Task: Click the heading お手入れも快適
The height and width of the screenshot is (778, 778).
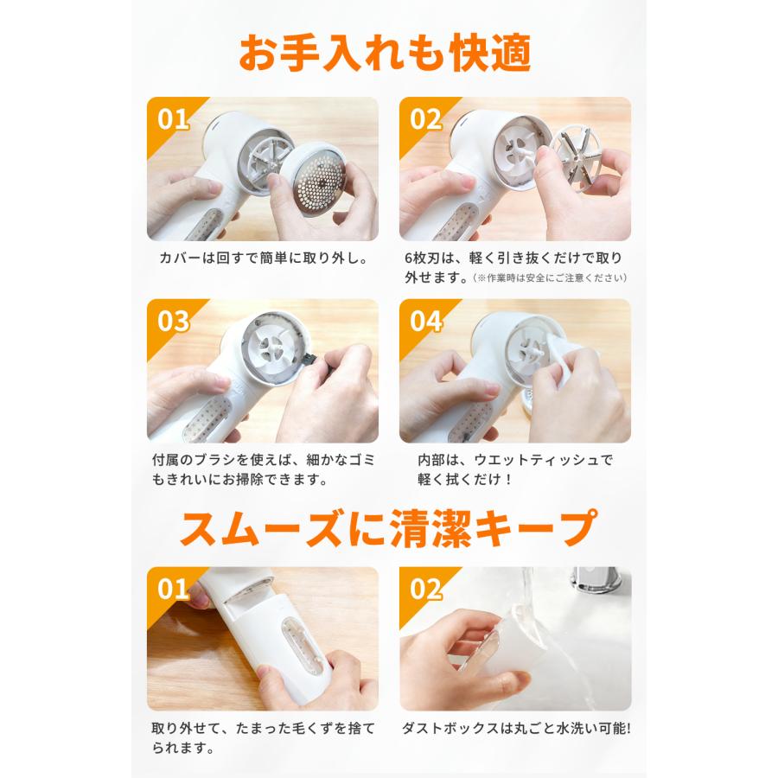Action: (385, 53)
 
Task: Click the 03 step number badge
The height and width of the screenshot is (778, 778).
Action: (173, 321)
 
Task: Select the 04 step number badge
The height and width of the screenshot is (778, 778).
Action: (425, 321)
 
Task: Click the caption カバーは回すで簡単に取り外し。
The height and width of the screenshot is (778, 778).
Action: (263, 258)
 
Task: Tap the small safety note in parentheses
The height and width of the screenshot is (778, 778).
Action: (550, 277)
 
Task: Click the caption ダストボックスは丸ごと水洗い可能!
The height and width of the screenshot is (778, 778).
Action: (516, 728)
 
